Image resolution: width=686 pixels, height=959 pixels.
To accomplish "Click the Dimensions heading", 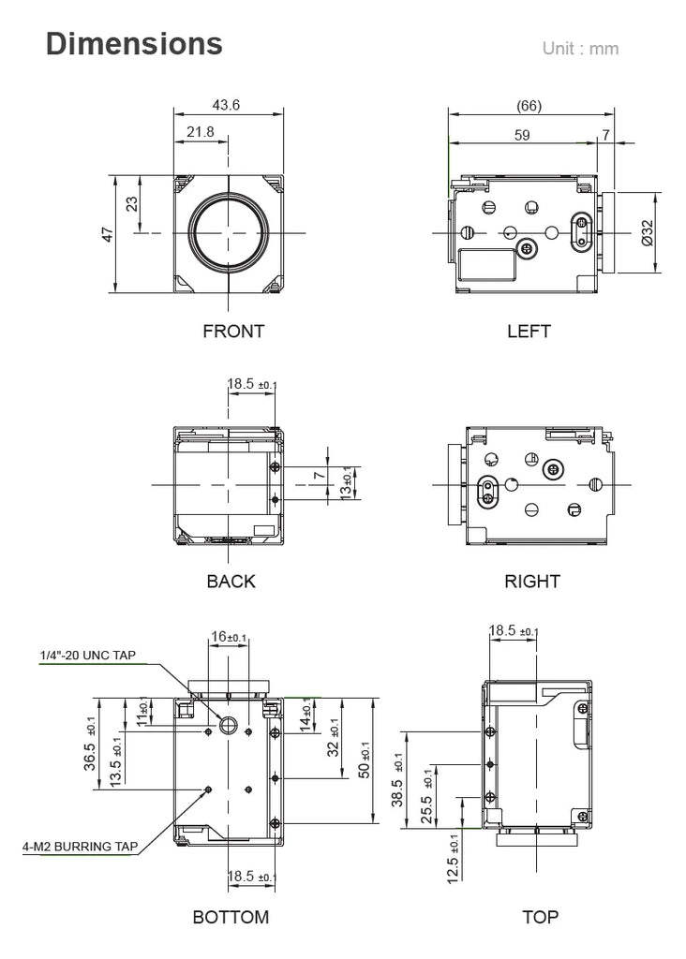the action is pos(134,44).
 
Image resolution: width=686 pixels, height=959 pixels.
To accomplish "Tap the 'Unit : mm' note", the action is pos(580,49).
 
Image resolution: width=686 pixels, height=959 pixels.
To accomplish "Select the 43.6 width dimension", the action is pos(226,105).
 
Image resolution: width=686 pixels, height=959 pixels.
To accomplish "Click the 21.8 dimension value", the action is pos(201,132).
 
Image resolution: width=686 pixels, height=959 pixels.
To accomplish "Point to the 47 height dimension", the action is pos(108,234).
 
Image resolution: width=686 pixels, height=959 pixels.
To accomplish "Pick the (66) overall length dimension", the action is pos(529,106).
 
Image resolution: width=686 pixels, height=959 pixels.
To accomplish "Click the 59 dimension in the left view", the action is pos(522,135).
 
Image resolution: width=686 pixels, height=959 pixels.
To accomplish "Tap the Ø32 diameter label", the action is pos(648,233).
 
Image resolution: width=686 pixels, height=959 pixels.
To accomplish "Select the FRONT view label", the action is pos(233,332).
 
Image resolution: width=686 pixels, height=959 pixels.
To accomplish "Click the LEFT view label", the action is pos(529,332).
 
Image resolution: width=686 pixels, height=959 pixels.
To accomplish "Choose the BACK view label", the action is pos(231,581).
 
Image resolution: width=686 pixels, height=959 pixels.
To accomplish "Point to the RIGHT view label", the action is pos(531,581).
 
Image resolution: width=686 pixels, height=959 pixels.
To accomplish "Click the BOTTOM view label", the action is pos(231,917).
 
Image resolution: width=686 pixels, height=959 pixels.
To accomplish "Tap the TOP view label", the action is pos(541,917).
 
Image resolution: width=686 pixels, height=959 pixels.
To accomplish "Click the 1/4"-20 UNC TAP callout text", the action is pos(87,656).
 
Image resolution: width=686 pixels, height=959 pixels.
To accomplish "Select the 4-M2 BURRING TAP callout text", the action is pos(81,847).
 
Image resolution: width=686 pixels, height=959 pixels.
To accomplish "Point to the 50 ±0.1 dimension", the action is pos(365,760).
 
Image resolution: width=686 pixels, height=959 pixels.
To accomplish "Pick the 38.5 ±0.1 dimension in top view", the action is pos(397,780).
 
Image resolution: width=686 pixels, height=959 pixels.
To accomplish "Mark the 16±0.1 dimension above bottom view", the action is pos(229,637).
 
